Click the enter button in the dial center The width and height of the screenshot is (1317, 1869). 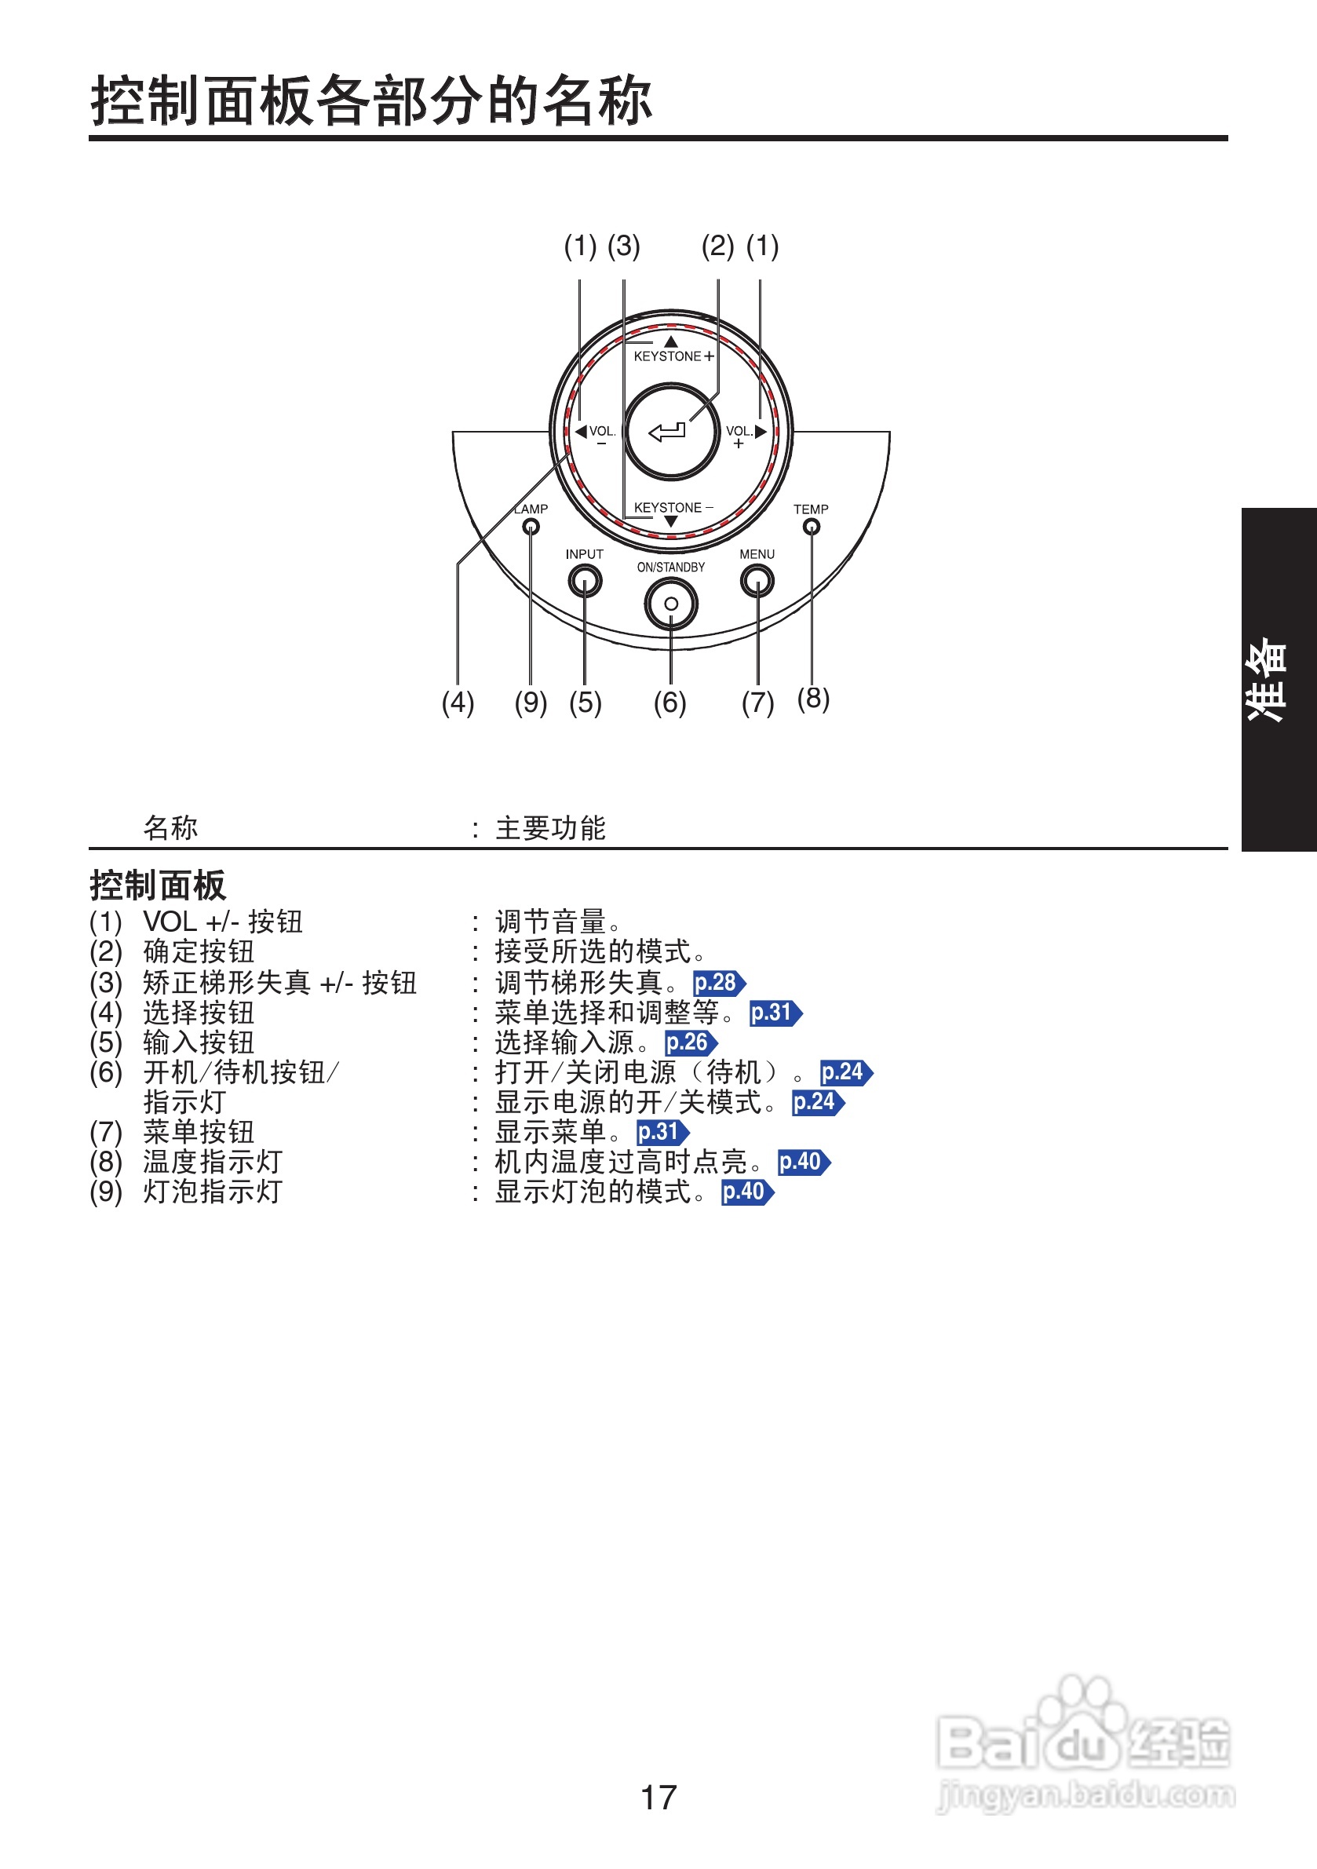[671, 432]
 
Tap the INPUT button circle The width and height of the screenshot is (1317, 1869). [585, 581]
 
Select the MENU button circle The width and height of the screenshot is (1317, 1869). [757, 581]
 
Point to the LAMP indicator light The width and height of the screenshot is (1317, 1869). [531, 527]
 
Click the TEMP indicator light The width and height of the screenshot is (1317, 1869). [811, 527]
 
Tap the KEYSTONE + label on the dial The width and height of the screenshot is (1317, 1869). [673, 356]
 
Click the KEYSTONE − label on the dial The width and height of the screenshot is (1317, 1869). [673, 507]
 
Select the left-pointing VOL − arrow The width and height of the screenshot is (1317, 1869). [581, 432]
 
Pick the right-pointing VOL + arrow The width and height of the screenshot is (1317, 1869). [761, 432]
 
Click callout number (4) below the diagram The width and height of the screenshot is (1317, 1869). [458, 702]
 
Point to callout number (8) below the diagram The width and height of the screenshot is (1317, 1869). [813, 698]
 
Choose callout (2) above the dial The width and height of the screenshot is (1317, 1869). [718, 245]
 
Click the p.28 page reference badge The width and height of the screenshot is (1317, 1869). [719, 983]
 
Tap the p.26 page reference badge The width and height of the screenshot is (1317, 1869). [690, 1042]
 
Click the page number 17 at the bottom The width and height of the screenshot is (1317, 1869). [658, 1798]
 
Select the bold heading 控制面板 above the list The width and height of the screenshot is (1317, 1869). [158, 885]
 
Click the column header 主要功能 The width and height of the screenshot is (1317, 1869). [550, 828]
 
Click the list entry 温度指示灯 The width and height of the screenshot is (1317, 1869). [213, 1162]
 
